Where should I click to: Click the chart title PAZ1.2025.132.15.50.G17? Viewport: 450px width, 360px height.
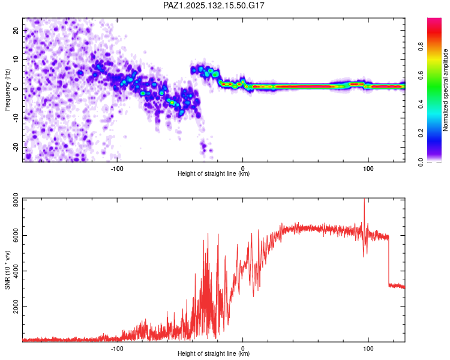click(x=214, y=5)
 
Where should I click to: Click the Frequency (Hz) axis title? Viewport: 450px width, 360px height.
click(x=7, y=90)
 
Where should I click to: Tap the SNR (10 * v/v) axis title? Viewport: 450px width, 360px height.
click(x=7, y=270)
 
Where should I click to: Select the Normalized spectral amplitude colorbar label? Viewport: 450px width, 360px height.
click(x=445, y=90)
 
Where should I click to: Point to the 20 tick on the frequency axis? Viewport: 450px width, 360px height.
click(x=16, y=30)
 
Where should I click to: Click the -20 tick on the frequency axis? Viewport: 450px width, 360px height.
click(x=16, y=148)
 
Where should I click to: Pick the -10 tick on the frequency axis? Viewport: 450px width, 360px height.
click(x=16, y=118)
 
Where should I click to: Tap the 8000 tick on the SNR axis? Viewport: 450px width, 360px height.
click(x=16, y=200)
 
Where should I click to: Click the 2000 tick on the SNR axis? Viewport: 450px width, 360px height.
click(x=16, y=307)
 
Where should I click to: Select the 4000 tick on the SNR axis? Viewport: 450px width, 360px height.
click(x=16, y=271)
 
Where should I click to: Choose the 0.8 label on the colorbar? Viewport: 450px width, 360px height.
click(x=421, y=47)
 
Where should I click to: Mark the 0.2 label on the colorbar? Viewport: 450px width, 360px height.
click(x=421, y=133)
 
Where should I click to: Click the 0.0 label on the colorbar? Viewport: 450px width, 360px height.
click(x=421, y=162)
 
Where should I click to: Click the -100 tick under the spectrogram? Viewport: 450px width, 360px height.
click(x=117, y=169)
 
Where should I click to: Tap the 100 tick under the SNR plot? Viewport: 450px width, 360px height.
click(x=368, y=349)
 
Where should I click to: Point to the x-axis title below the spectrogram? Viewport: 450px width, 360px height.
click(x=214, y=173)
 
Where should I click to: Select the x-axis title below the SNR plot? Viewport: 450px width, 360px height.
click(x=214, y=353)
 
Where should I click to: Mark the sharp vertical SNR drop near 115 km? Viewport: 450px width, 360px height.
click(x=389, y=260)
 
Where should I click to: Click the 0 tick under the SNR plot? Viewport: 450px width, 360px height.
click(x=243, y=349)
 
